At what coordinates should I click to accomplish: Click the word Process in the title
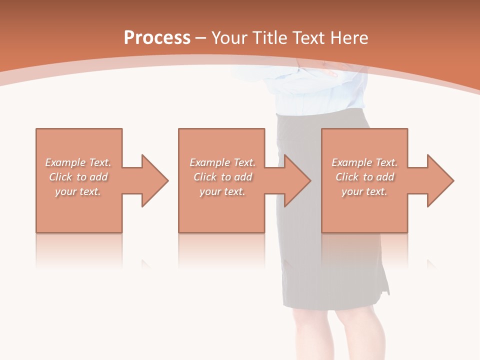click(x=157, y=38)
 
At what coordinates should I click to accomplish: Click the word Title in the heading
click(x=269, y=38)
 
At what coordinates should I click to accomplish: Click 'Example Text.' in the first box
click(x=78, y=162)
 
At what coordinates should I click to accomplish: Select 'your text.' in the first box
click(x=78, y=191)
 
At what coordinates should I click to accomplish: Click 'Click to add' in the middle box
click(x=222, y=177)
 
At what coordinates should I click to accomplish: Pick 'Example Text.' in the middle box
click(x=222, y=162)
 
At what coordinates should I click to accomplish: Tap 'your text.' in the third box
click(x=364, y=191)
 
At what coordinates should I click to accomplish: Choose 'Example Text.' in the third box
click(x=364, y=162)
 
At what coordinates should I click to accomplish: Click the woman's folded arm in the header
click(x=330, y=70)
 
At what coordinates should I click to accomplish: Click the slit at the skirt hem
click(x=385, y=285)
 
